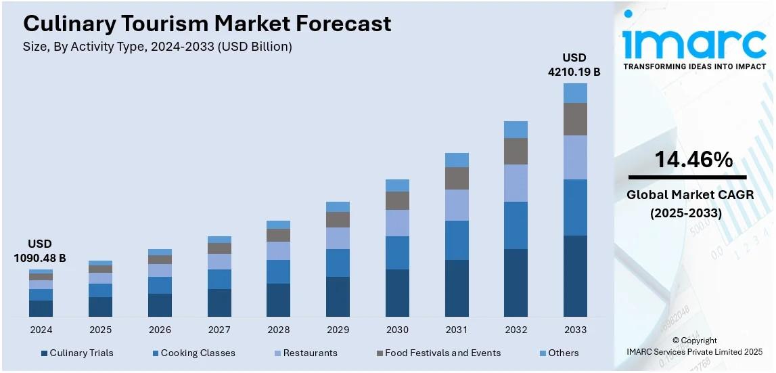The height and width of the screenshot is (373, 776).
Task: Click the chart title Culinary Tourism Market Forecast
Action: point(207,24)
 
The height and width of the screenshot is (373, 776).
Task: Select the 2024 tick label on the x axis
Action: point(41,330)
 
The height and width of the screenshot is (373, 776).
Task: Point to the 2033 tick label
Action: point(575,330)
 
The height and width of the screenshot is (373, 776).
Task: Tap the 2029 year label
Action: point(338,330)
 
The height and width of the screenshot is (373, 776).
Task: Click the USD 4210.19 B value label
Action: point(574,64)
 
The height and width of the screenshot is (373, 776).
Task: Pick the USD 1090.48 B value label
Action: point(40,250)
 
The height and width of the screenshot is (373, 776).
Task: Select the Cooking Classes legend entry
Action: point(194,353)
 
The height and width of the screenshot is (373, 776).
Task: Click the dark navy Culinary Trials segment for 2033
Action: point(575,276)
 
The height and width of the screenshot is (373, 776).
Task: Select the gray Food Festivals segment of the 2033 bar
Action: point(575,119)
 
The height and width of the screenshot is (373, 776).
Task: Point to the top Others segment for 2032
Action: point(516,129)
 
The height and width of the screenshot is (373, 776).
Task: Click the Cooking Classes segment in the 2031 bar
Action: point(457,240)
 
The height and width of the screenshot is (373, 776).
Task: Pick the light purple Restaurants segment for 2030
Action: point(397,223)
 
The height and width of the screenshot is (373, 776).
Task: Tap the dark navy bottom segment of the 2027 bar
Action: point(219,303)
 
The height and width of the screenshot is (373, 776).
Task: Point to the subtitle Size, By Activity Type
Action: point(158,47)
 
